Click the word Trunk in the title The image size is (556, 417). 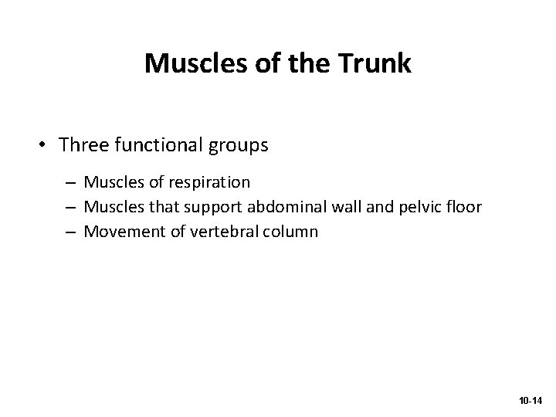[x=375, y=63]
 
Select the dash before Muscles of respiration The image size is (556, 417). [x=70, y=183]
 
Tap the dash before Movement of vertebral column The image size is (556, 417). [x=70, y=231]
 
